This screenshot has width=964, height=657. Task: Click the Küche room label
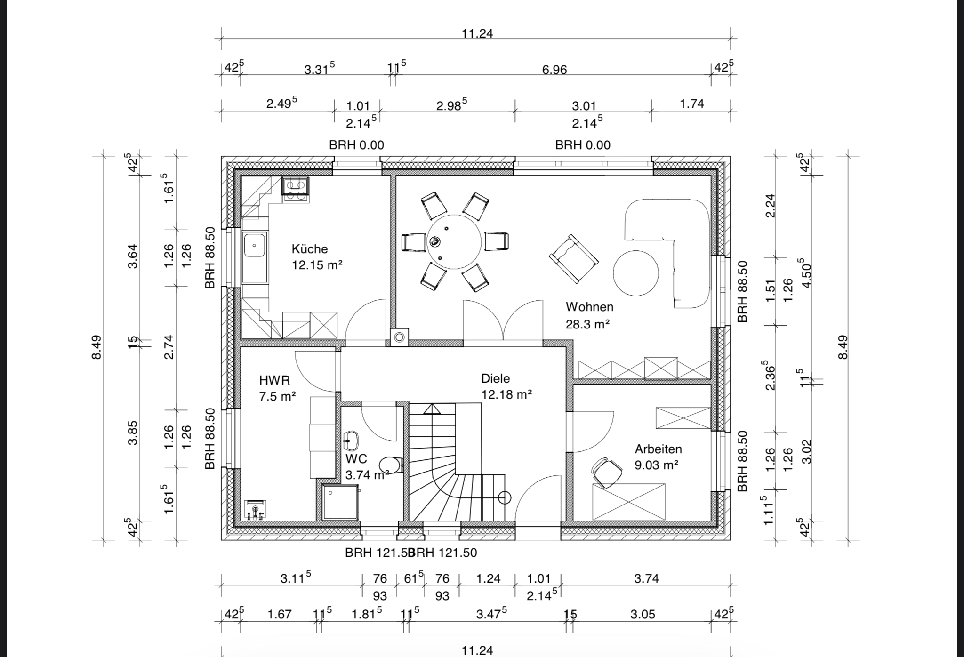point(309,249)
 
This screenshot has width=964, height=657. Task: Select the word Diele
point(495,378)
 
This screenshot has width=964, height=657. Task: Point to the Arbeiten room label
point(658,449)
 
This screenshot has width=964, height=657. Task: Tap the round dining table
point(454,242)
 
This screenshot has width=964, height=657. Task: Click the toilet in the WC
point(391,465)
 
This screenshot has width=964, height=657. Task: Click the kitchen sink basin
point(255,245)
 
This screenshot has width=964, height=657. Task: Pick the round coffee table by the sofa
point(635,273)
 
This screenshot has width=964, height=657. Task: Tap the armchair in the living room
point(574,258)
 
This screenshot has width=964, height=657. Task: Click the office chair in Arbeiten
point(606,472)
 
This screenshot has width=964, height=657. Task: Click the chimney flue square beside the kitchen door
point(400,337)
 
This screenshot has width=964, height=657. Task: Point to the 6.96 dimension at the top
point(554,70)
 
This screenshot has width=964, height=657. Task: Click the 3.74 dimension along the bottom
point(646,578)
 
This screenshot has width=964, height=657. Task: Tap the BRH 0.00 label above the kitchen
point(356,145)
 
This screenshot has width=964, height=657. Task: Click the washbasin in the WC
point(351,440)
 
